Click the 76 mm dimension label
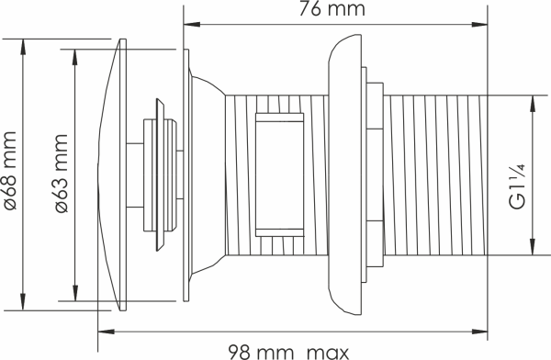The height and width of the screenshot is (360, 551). (332, 8)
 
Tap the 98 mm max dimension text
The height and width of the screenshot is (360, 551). (289, 352)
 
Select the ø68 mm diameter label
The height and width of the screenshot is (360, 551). (9, 171)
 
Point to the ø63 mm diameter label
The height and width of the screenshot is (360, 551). (62, 174)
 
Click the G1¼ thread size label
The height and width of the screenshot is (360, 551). (517, 186)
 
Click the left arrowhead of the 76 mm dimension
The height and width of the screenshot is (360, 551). (192, 25)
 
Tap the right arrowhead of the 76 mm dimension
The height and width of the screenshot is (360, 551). (479, 25)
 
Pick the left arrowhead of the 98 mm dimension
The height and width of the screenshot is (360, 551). (107, 332)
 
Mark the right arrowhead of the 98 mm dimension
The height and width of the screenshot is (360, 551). (479, 332)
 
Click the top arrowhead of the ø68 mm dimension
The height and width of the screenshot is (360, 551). (23, 47)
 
